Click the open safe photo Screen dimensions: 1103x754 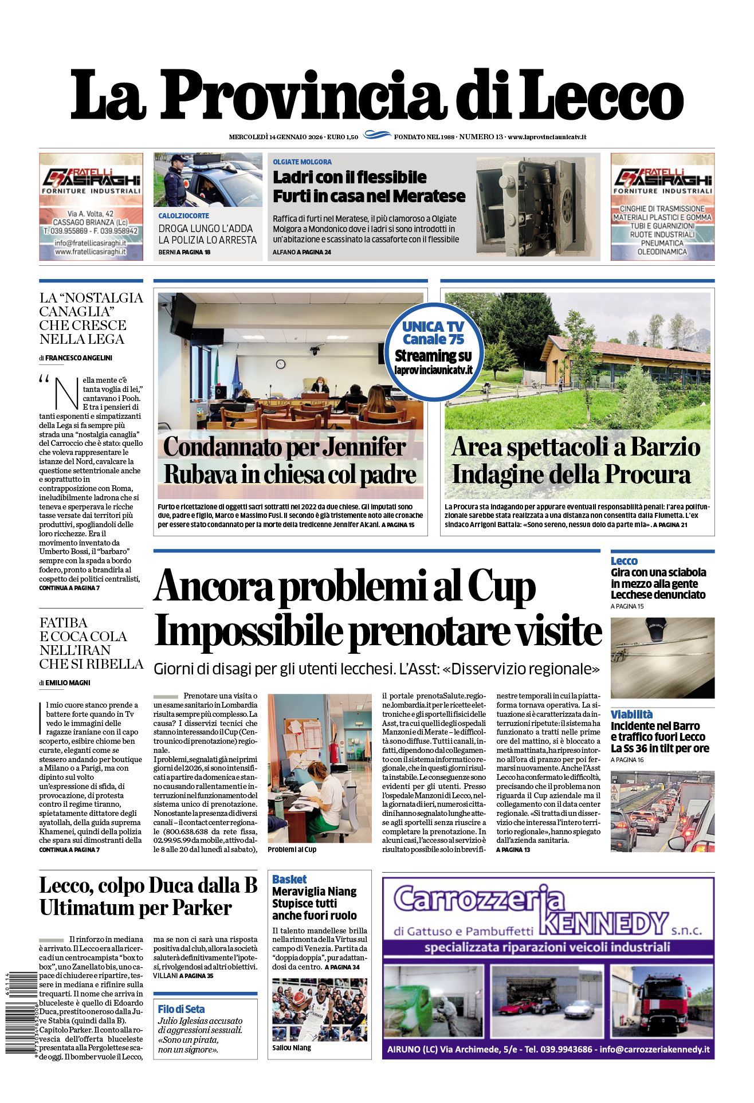[537, 206]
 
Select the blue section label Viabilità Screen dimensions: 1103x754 [631, 715]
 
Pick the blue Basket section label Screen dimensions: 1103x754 [289, 879]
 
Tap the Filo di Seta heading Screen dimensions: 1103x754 [182, 1009]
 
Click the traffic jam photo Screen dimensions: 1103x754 [662, 811]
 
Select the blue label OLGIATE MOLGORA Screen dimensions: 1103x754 [302, 162]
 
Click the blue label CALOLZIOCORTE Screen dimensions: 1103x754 [183, 216]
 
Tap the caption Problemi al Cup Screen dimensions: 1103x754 [292, 849]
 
